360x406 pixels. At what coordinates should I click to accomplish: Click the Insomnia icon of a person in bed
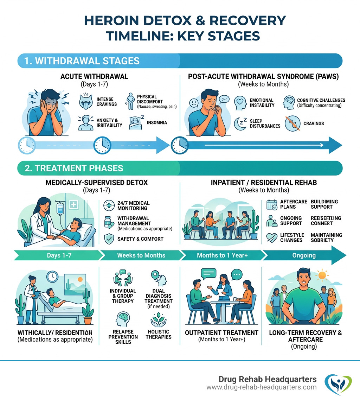pyautogui.click(x=136, y=122)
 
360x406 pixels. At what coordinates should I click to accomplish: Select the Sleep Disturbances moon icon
pyautogui.click(x=241, y=123)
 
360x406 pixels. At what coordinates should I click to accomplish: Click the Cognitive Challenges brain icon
pyautogui.click(x=290, y=102)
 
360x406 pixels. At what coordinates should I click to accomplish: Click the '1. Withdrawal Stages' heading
pyautogui.click(x=82, y=61)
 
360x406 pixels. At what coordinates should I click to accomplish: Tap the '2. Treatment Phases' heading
pyautogui.click(x=74, y=168)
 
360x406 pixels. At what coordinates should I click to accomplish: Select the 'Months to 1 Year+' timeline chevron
pyautogui.click(x=222, y=255)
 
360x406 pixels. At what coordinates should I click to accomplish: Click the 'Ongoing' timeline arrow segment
pyautogui.click(x=304, y=255)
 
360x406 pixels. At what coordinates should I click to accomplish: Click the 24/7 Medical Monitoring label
pyautogui.click(x=133, y=205)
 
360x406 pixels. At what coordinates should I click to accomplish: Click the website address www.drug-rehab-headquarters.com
pyautogui.click(x=262, y=387)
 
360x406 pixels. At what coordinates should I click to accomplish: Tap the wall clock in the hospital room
pyautogui.click(x=52, y=277)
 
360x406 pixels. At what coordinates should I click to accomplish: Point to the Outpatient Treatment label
pyautogui.click(x=221, y=333)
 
